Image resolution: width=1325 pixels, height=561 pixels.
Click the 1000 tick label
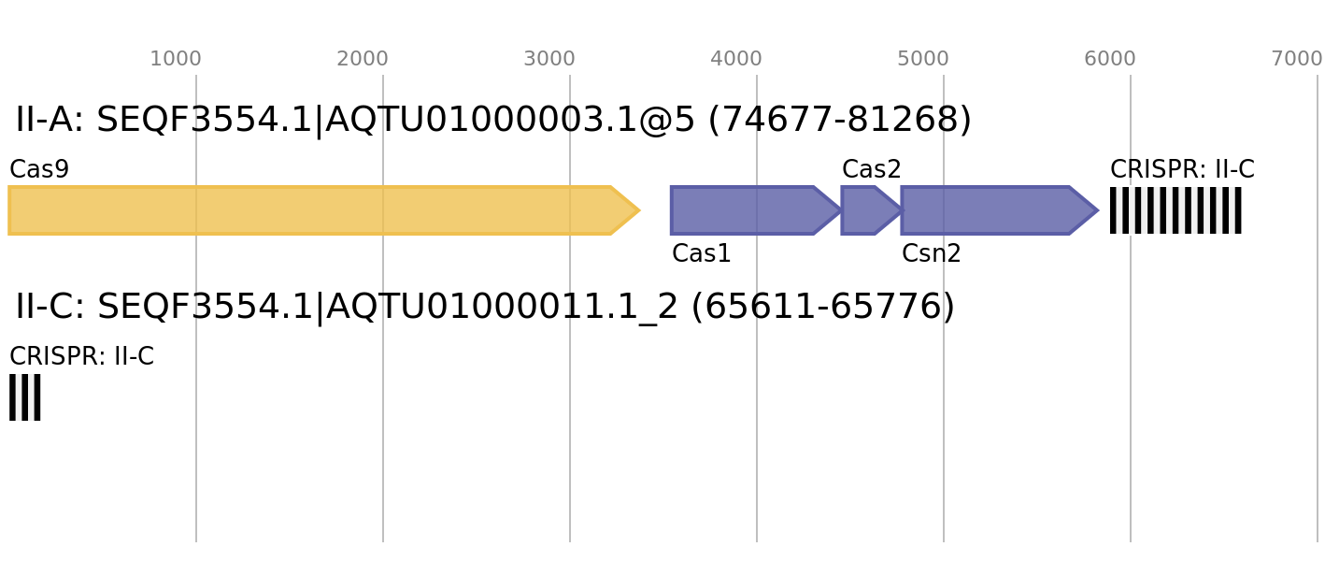(x=176, y=59)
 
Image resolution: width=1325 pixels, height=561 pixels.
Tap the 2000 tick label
(x=363, y=59)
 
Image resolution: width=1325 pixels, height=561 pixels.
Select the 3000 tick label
(x=549, y=59)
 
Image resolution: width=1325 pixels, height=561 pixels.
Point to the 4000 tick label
(x=736, y=59)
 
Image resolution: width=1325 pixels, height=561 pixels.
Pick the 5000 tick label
(x=923, y=59)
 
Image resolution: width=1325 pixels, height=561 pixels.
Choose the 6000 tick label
(x=1110, y=59)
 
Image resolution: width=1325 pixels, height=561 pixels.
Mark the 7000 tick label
(x=1297, y=59)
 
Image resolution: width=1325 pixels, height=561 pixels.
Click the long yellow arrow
(x=308, y=210)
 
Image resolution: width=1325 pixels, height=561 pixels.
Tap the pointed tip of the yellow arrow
(x=638, y=210)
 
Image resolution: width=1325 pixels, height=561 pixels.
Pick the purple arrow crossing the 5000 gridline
(x=990, y=210)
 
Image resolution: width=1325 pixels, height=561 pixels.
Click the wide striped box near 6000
(x=1175, y=210)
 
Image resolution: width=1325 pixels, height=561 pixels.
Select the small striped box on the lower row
(x=25, y=397)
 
